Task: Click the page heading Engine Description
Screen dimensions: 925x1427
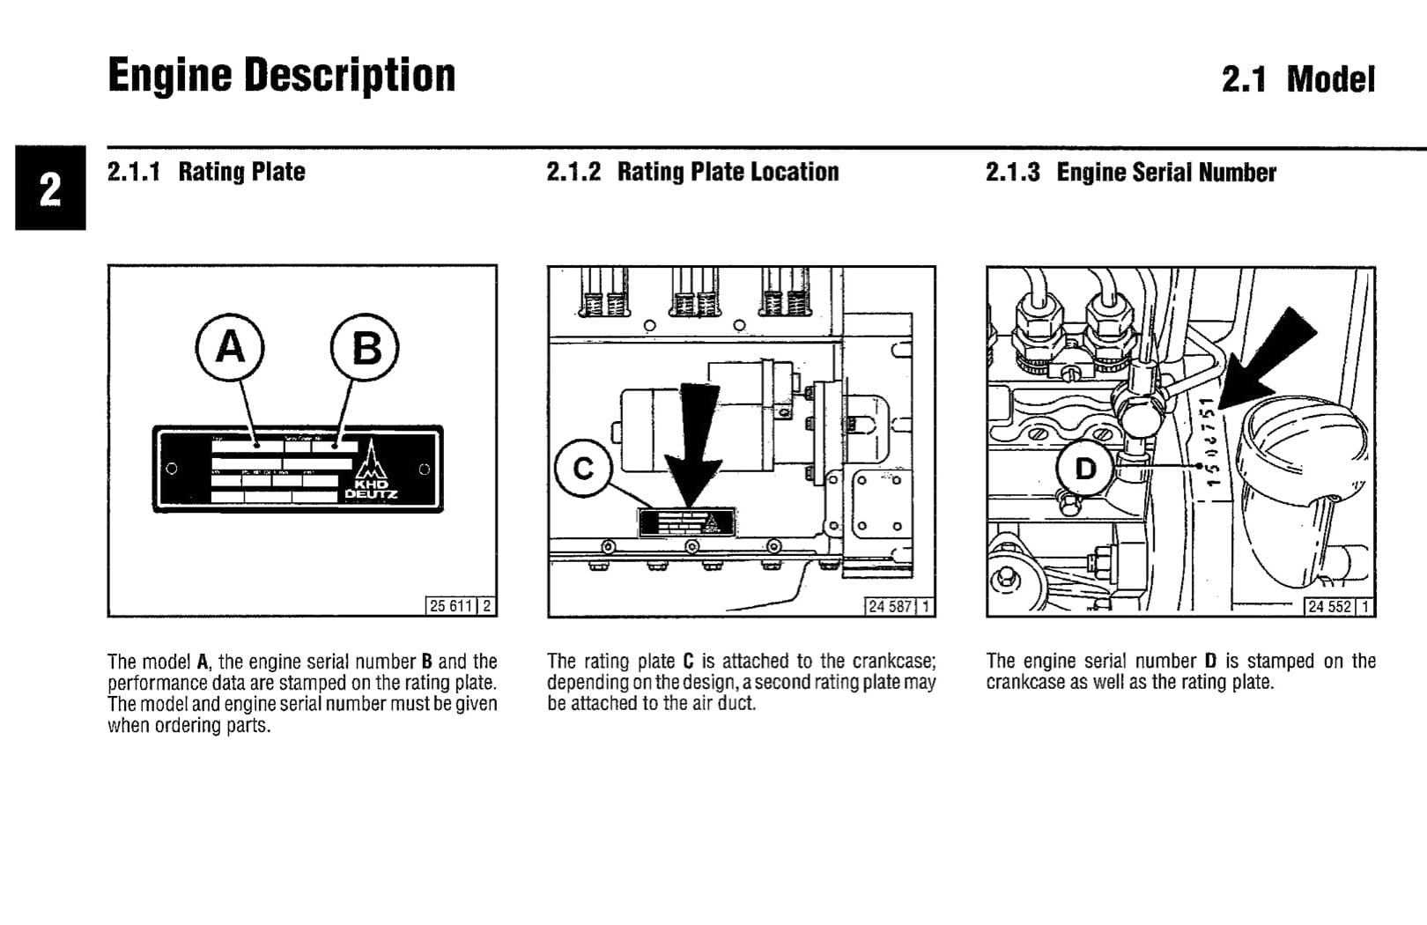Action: tap(281, 76)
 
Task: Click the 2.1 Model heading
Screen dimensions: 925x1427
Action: tap(1298, 79)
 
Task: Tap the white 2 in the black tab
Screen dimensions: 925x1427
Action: tap(50, 189)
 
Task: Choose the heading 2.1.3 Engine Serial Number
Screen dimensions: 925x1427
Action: tap(1130, 172)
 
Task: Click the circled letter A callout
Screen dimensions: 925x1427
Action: tap(230, 347)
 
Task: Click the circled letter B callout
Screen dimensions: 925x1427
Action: tap(365, 348)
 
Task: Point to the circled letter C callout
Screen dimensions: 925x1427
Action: tap(583, 470)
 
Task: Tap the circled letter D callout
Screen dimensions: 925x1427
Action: tap(1085, 468)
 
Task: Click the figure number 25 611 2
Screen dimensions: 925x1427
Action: tap(460, 606)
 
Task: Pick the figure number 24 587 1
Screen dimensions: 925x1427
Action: tap(898, 606)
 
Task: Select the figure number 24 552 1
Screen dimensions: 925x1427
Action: tap(1338, 606)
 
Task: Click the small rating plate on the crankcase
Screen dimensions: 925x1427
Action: tap(687, 523)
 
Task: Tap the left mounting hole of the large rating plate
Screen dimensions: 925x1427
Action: tap(172, 469)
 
